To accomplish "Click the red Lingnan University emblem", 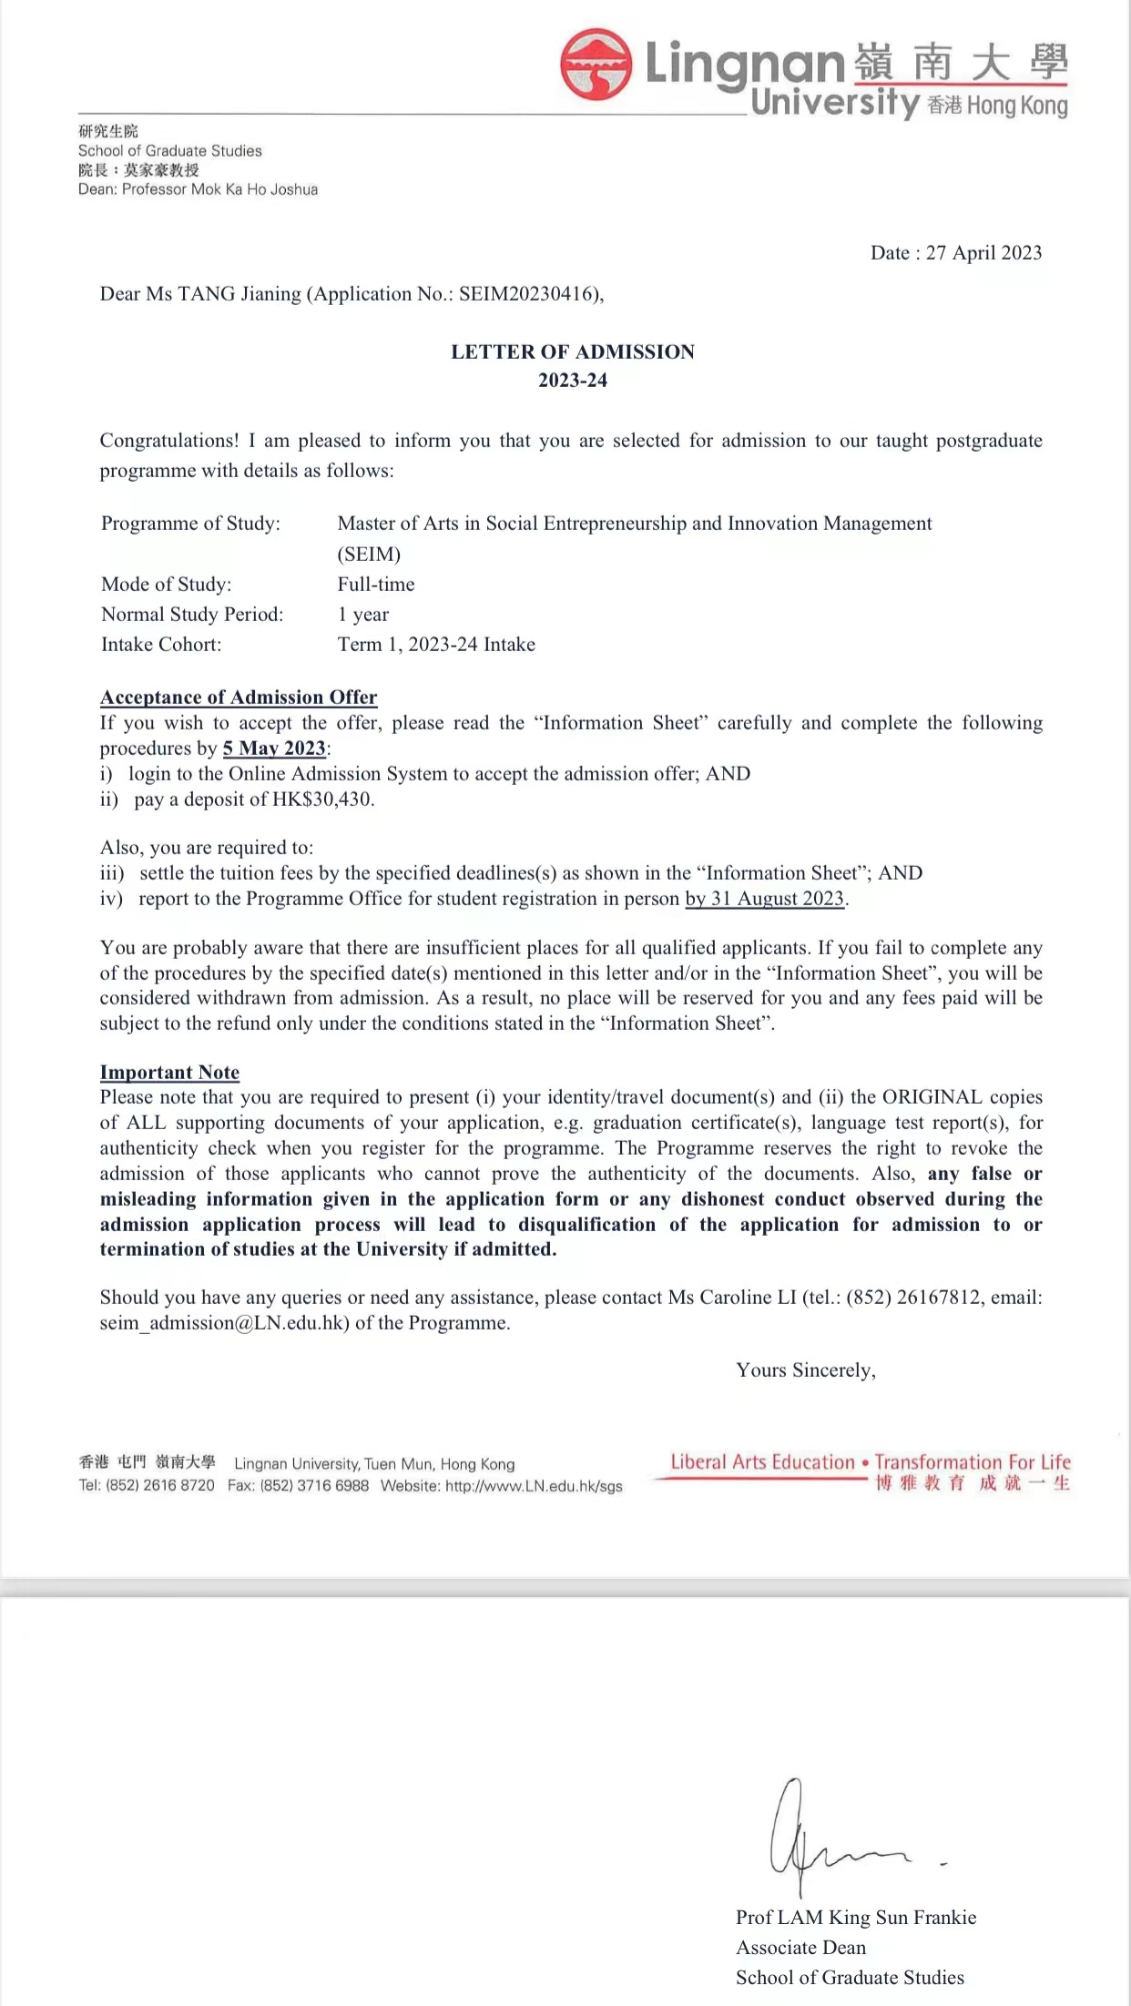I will pyautogui.click(x=596, y=64).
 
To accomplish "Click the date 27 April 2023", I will pyautogui.click(x=983, y=253).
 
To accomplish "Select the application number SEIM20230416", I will pyautogui.click(x=528, y=294).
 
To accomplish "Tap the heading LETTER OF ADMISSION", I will pyautogui.click(x=573, y=352).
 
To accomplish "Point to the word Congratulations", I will pyautogui.click(x=168, y=441).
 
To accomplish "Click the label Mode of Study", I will pyautogui.click(x=167, y=585).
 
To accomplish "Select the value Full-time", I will pyautogui.click(x=376, y=585).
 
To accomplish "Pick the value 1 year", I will pyautogui.click(x=363, y=615).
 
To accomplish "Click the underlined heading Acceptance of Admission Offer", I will pyautogui.click(x=239, y=698).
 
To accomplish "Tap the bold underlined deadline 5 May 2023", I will pyautogui.click(x=274, y=748).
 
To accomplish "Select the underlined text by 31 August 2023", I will pyautogui.click(x=765, y=899).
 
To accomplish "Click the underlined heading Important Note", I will pyautogui.click(x=169, y=1073).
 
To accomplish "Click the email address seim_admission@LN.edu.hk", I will pyautogui.click(x=224, y=1323).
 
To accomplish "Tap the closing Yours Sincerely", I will pyautogui.click(x=806, y=1370).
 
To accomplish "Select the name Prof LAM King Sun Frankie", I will pyautogui.click(x=856, y=1918).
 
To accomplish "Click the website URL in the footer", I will pyautogui.click(x=534, y=1486).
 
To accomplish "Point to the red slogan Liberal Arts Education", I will pyautogui.click(x=762, y=1462).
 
